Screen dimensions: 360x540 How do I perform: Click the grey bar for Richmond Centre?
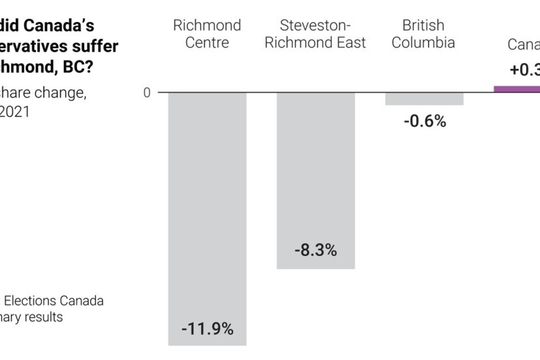pyautogui.click(x=207, y=202)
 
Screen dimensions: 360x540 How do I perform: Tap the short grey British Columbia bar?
pyautogui.click(x=424, y=99)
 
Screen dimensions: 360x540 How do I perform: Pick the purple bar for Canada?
pyautogui.click(x=517, y=89)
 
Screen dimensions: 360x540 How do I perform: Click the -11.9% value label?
pyautogui.click(x=207, y=329)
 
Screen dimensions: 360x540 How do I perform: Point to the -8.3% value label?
pyautogui.click(x=315, y=251)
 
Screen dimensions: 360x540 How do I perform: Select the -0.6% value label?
pyautogui.click(x=424, y=121)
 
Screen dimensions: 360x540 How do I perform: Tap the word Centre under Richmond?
pyautogui.click(x=207, y=43)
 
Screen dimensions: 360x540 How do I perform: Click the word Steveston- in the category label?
pyautogui.click(x=315, y=25)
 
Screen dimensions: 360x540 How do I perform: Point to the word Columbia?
pyautogui.click(x=423, y=43)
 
